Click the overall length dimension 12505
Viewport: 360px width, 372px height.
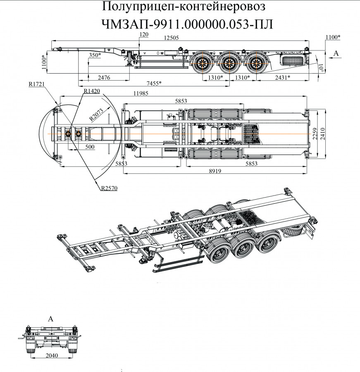click(171, 38)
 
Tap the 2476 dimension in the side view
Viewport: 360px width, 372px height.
click(104, 77)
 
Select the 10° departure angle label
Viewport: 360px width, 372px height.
click(321, 67)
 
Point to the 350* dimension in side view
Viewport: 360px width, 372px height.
click(95, 55)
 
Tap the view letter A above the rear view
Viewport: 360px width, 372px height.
click(51, 319)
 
